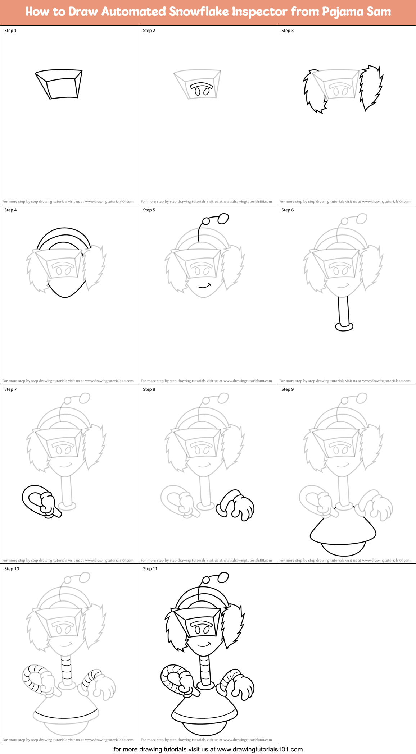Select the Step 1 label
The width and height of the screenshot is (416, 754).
[x=10, y=31]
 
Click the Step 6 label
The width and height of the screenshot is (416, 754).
[x=288, y=210]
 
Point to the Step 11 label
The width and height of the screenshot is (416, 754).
[x=150, y=569]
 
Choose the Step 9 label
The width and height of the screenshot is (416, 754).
[x=288, y=389]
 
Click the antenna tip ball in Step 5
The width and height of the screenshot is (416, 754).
[x=223, y=218]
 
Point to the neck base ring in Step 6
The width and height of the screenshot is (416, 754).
[x=344, y=326]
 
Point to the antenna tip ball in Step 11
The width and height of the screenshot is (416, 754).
[x=223, y=577]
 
